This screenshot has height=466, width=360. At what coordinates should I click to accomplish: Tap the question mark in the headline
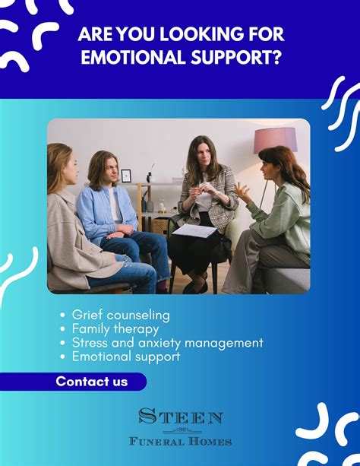pos(276,57)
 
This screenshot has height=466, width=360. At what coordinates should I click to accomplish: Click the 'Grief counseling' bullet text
pos(121,315)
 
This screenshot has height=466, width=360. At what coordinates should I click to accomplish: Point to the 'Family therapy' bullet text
pos(115,329)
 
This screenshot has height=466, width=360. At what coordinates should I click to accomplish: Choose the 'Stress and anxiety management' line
pos(168,343)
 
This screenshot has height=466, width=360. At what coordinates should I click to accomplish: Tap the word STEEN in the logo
pos(180,416)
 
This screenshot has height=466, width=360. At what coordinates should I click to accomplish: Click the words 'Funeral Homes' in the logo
pos(180,442)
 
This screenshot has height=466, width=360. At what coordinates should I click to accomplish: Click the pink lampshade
pos(275,140)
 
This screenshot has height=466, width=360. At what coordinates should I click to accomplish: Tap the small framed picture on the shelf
pos(126,176)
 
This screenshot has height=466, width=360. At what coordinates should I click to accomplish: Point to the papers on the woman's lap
pos(195,231)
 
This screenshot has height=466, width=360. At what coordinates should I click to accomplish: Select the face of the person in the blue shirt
pos(110,170)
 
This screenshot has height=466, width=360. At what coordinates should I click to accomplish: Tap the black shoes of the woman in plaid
pos(196,285)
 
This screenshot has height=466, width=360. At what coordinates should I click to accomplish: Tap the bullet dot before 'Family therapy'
pos(62,329)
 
